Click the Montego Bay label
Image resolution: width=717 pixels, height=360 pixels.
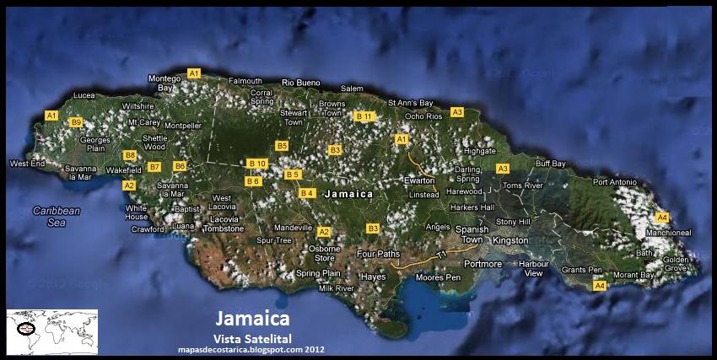(x=164, y=83)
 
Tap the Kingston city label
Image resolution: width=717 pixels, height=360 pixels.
(x=509, y=240)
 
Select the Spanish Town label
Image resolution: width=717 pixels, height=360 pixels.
(x=472, y=234)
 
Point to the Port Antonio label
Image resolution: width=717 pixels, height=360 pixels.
(x=613, y=182)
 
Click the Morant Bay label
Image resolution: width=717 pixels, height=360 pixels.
(x=633, y=275)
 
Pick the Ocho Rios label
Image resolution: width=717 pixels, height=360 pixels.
(x=423, y=116)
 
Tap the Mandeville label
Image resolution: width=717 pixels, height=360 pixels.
(x=294, y=228)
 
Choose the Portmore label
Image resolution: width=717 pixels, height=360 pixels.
(x=482, y=264)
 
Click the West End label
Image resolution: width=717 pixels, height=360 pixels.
(x=26, y=163)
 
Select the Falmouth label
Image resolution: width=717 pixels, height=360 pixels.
(x=245, y=81)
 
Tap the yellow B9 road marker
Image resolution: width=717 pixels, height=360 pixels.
(x=76, y=122)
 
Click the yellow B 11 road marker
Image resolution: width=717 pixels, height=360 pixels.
(x=364, y=116)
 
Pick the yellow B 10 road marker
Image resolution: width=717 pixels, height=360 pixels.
(x=257, y=163)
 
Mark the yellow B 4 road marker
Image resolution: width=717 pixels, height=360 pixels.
(x=307, y=193)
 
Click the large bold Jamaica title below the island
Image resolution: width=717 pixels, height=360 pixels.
(x=253, y=319)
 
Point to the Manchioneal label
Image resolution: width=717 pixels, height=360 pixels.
(x=668, y=232)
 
